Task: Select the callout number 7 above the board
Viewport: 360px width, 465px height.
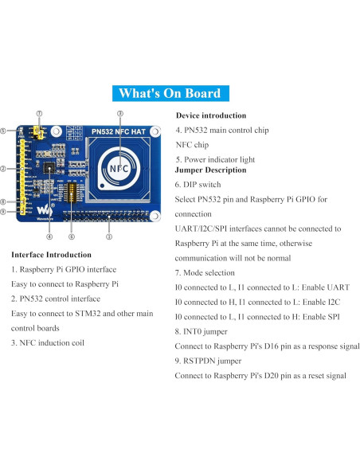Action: coord(39,114)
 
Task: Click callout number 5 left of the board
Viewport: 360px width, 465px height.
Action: coord(4,131)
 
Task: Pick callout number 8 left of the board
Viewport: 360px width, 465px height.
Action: coord(4,202)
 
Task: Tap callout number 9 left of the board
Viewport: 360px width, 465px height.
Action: coord(4,212)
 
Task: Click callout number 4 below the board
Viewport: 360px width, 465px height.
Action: coord(49,236)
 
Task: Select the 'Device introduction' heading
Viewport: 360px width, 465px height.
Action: coord(211,116)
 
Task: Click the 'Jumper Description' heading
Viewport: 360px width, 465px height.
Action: coord(210,170)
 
